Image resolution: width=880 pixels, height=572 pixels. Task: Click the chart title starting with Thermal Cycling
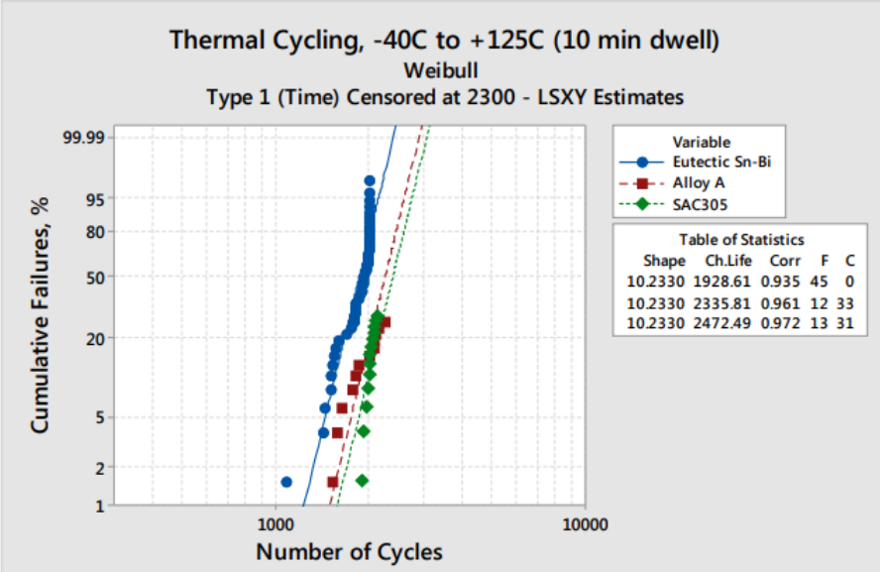(x=443, y=41)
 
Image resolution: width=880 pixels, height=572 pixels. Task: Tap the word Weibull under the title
(x=443, y=70)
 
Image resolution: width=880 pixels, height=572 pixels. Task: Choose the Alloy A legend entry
(x=699, y=183)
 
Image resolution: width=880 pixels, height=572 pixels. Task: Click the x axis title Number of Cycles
(x=349, y=551)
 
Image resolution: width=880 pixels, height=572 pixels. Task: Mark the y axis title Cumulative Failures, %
(x=40, y=328)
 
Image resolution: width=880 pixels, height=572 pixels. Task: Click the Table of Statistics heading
(x=740, y=240)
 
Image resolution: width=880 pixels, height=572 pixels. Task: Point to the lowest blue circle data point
(x=286, y=482)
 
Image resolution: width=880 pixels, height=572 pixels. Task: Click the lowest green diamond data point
(x=363, y=480)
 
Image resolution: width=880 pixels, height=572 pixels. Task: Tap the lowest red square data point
(x=333, y=482)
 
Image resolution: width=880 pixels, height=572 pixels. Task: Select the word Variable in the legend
(x=701, y=142)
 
